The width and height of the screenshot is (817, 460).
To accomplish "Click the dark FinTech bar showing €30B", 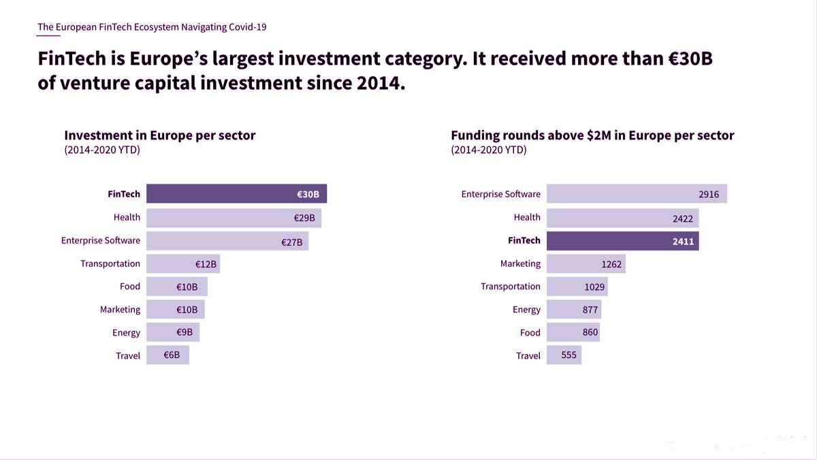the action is click(236, 193).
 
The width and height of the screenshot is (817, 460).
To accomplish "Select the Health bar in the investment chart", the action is click(234, 218).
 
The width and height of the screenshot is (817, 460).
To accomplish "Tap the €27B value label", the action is click(292, 242).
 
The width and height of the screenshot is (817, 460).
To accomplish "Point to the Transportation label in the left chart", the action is click(110, 263).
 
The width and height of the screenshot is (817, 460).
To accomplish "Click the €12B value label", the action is click(206, 264).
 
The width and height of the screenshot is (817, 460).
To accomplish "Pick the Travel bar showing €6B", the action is click(167, 355).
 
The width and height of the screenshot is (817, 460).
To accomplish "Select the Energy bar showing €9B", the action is click(173, 332).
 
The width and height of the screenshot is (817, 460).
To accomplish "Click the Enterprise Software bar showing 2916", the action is click(637, 193).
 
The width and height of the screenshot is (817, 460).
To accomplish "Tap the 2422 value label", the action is click(683, 218).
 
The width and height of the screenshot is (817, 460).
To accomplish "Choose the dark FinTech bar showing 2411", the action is click(622, 241).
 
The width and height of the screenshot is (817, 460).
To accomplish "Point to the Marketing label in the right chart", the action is click(520, 263).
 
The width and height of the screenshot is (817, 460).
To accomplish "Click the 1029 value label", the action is click(594, 287).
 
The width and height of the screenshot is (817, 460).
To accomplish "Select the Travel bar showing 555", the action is click(564, 355).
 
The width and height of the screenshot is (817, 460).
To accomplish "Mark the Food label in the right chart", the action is click(530, 333).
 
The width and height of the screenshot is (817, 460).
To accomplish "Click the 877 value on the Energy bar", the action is click(590, 310).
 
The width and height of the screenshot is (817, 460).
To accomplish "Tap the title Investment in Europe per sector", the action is click(160, 135).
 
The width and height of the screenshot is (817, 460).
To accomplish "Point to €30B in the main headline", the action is click(690, 59).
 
